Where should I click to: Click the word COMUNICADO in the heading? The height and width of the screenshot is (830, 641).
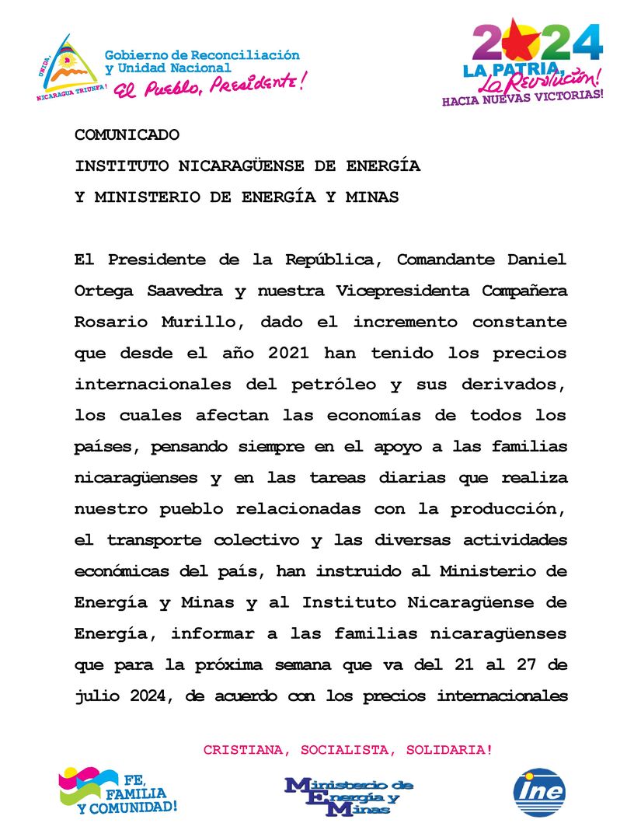(x=127, y=135)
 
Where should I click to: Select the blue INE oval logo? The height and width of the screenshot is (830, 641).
(x=539, y=793)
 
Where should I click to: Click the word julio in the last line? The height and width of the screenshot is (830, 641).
(x=97, y=696)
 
